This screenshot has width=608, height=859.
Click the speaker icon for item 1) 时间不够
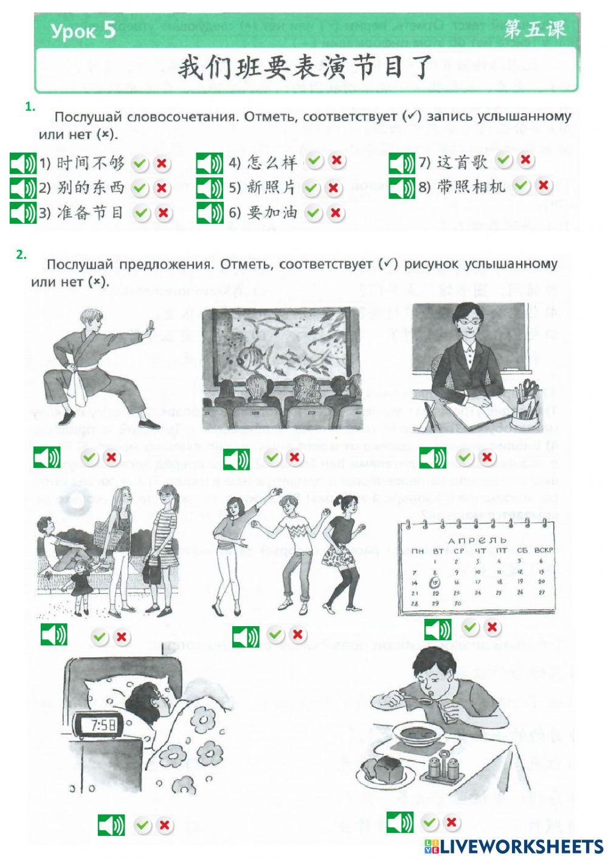[23, 164]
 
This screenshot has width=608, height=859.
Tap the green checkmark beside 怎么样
[314, 161]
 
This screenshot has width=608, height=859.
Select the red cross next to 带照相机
[544, 185]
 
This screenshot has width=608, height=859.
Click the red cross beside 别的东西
[161, 188]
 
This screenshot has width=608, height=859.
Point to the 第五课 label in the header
[534, 29]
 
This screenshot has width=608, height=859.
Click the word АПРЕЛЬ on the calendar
[477, 540]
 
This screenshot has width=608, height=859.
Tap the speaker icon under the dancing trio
[246, 636]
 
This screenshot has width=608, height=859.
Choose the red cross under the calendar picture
[492, 627]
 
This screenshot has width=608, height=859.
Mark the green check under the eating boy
[429, 823]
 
